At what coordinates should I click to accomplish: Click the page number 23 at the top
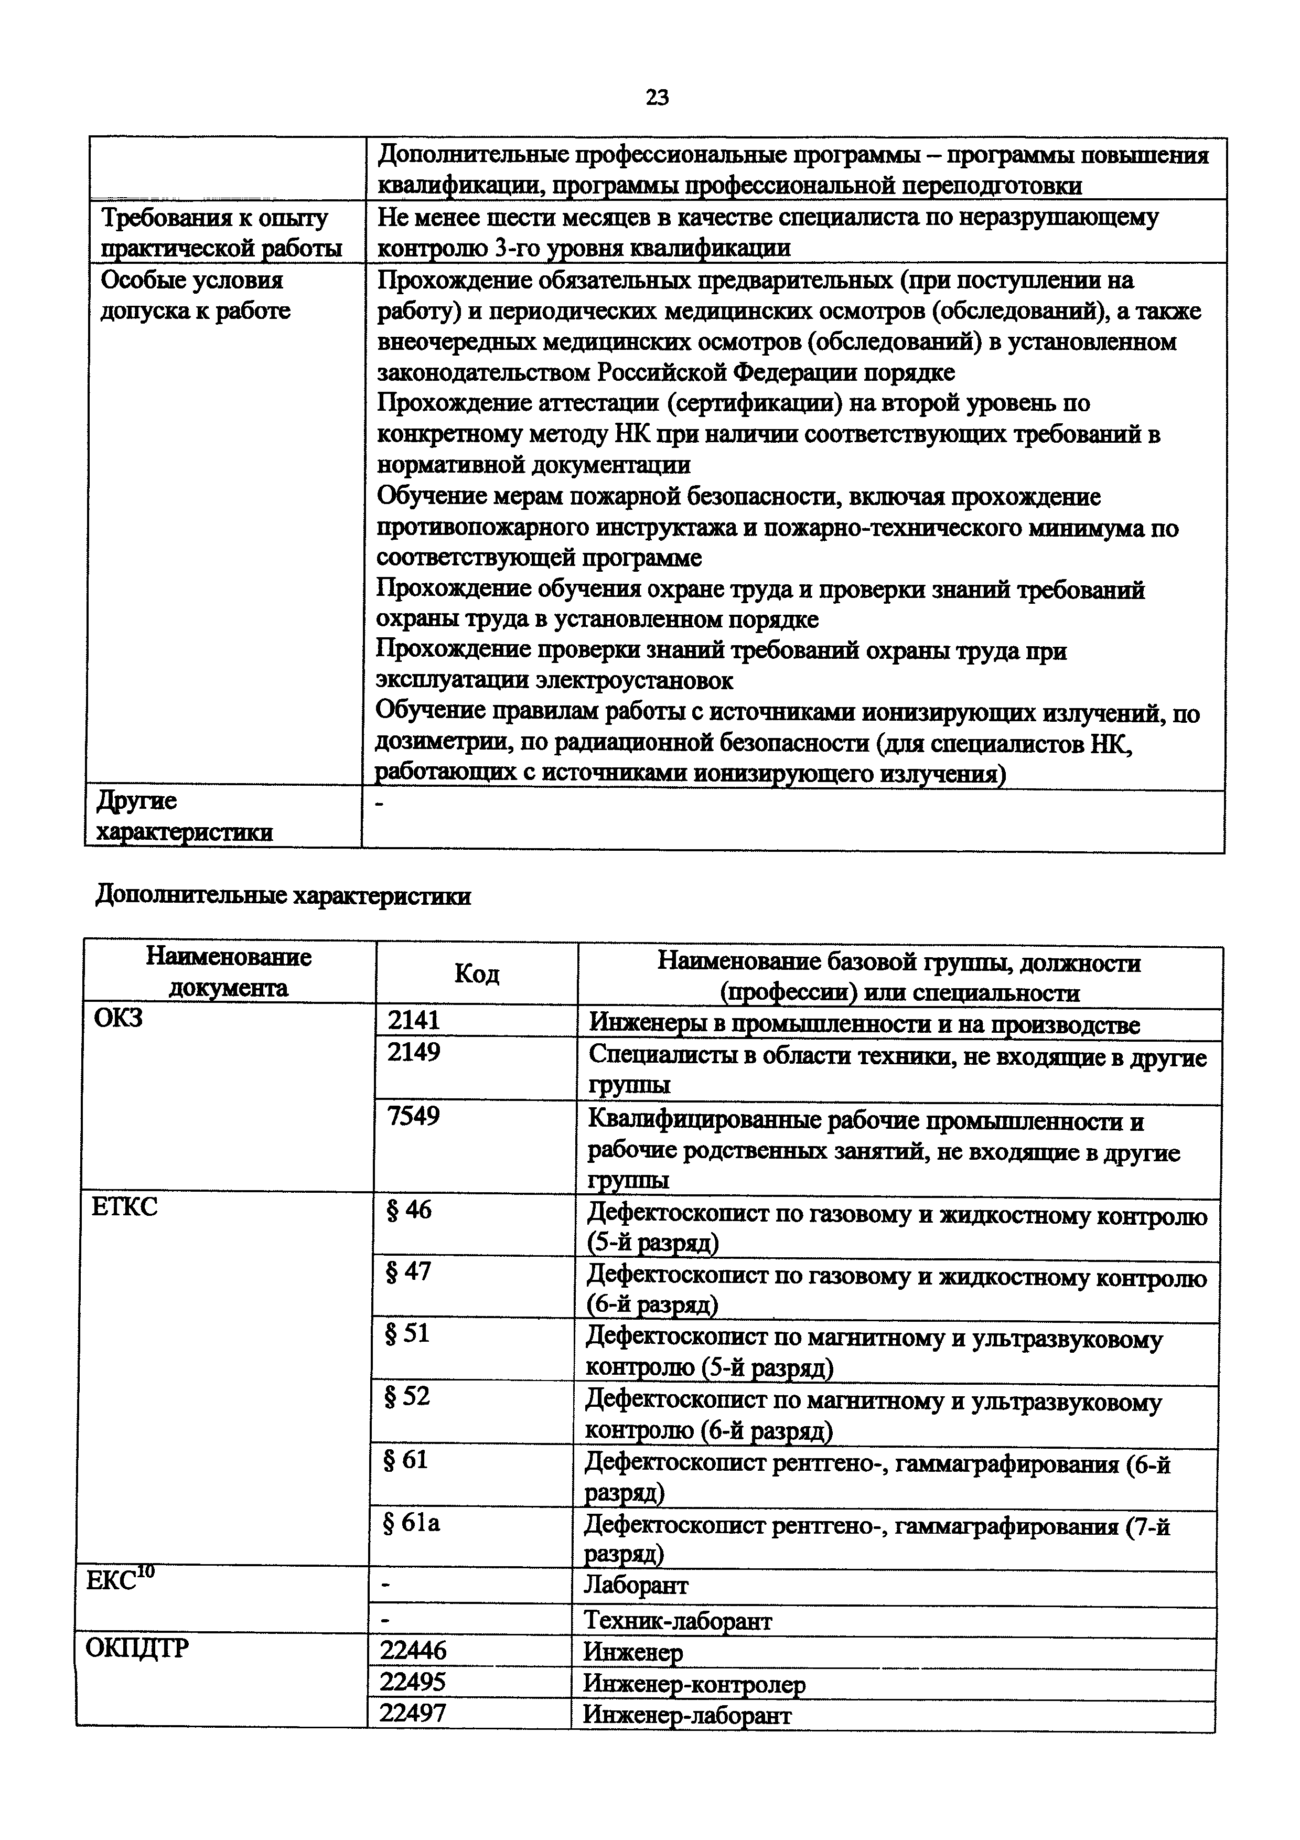[657, 98]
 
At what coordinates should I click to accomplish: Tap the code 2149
[413, 1052]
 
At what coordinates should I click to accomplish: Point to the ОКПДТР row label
[136, 1649]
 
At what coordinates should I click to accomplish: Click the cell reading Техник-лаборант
[677, 1620]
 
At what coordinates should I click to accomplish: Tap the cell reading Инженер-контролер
[694, 1684]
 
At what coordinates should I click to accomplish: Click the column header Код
[477, 974]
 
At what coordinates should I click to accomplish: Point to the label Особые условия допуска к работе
[195, 295]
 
